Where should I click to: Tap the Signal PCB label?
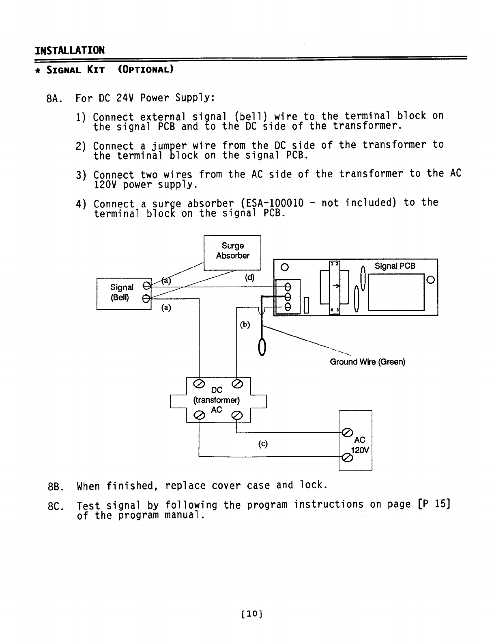coord(395,266)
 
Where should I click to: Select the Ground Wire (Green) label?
coord(367,362)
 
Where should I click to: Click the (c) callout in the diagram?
coord(263,444)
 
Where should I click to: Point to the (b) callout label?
coord(245,325)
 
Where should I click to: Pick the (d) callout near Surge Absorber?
coord(249,278)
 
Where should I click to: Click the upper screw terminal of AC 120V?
coord(347,433)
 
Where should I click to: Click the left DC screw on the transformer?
coord(199,384)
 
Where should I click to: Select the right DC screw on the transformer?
coord(237,384)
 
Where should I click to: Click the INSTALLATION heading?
coord(70,50)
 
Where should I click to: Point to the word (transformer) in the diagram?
coord(217,400)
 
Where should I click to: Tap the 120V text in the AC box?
coord(359,450)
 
